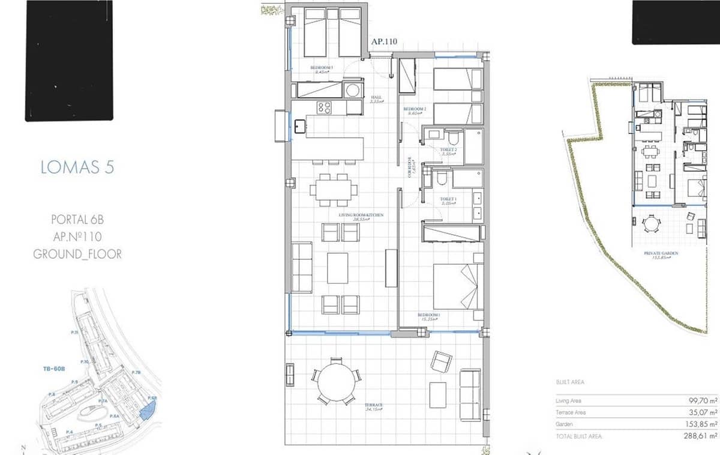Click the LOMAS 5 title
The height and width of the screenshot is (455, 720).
click(77, 167)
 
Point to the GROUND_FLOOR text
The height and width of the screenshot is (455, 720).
click(77, 255)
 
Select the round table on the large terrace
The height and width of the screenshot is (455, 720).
click(337, 382)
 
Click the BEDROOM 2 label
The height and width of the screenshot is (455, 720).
click(416, 109)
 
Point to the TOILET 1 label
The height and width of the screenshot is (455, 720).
click(449, 199)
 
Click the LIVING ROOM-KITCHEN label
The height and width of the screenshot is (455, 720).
click(361, 215)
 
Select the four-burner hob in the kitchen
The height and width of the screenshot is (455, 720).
click(324, 107)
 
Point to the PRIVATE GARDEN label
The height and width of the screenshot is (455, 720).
click(661, 254)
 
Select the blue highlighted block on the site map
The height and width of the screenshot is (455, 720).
click(146, 410)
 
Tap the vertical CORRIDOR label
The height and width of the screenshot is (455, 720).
click(410, 167)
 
